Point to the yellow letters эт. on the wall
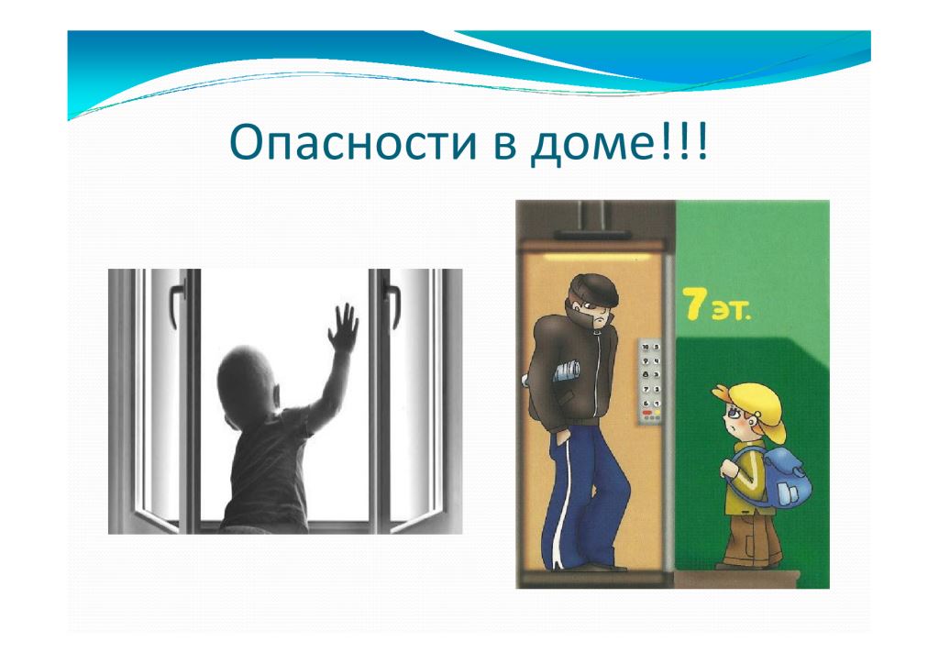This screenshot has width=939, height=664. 730,311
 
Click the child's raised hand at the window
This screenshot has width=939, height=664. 343,327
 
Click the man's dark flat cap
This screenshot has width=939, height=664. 593,291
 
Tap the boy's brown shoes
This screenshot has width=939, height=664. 748,563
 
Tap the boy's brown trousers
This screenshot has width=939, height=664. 751,535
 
